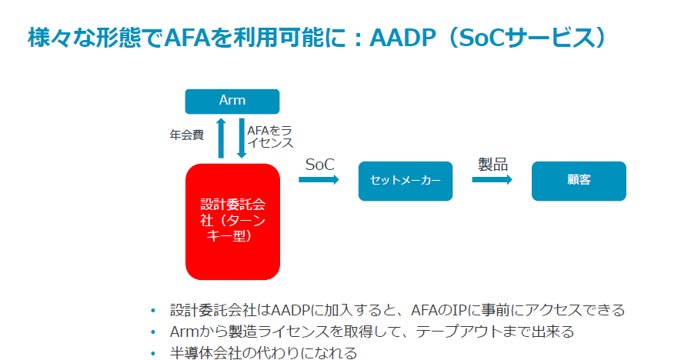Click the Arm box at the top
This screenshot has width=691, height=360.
click(232, 102)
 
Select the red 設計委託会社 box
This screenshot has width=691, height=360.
click(232, 222)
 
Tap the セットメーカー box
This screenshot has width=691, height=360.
click(406, 181)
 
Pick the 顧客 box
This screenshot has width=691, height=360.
click(579, 181)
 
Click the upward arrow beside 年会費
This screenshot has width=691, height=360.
click(221, 138)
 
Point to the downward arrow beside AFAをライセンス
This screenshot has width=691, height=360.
click(242, 138)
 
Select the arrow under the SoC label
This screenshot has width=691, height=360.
click(319, 179)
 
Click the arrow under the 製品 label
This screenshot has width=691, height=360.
click(492, 179)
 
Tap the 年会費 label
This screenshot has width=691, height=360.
click(186, 135)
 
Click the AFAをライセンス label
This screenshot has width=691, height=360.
click(269, 137)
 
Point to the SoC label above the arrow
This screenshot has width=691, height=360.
click(320, 165)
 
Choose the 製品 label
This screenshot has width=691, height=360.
click(492, 165)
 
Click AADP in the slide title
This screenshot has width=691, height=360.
click(402, 38)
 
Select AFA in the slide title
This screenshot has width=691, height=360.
click(186, 38)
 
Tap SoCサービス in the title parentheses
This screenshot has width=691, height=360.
click(526, 38)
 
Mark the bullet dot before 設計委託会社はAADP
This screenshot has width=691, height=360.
click(153, 311)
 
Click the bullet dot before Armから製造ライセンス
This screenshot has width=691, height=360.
click(153, 332)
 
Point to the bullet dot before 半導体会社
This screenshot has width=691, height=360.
click(153, 353)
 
